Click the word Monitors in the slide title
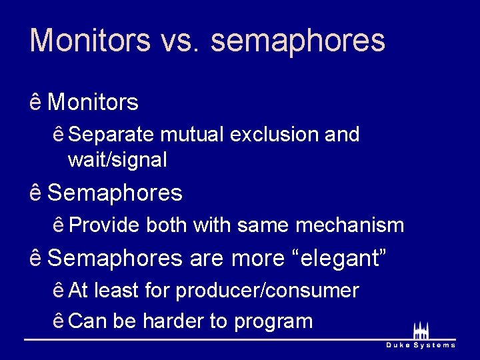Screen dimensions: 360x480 click(x=90, y=40)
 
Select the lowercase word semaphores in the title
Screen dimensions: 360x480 click(x=298, y=41)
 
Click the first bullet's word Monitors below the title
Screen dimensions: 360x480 click(x=93, y=103)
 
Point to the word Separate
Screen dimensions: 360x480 click(x=113, y=135)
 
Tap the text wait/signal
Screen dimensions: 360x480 click(x=117, y=160)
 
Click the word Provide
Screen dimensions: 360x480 click(x=104, y=225)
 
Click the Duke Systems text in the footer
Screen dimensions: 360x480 click(x=421, y=345)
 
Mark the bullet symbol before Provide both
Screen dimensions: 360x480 click(x=59, y=225)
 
